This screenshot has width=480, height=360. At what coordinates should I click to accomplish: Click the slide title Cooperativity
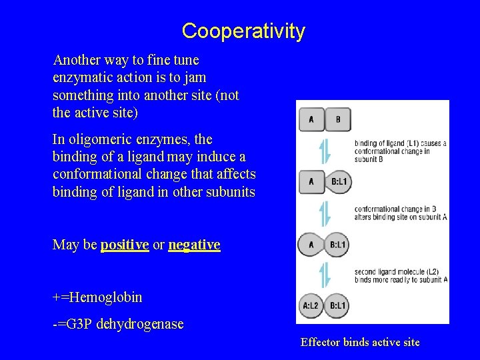pos(243,31)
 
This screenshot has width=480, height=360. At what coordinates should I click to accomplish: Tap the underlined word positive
pos(124,245)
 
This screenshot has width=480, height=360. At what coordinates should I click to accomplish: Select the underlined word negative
pos(194,245)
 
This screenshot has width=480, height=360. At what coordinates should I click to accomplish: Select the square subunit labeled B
pos(338,120)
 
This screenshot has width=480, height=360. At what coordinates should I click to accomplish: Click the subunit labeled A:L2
pos(311,305)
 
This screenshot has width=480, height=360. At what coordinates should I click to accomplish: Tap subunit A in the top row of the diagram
pos(311,120)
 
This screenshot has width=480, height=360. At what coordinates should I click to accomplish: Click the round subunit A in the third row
pos(311,245)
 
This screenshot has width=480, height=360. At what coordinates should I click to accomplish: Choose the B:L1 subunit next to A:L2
pos(338,305)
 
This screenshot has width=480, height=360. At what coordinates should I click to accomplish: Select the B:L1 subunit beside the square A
pos(339,181)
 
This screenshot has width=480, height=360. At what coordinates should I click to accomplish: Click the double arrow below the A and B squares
pos(325,150)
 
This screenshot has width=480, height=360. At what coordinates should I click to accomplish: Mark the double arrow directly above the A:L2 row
pos(325,275)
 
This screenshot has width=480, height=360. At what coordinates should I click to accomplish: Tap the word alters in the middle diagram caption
pos(363,217)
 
